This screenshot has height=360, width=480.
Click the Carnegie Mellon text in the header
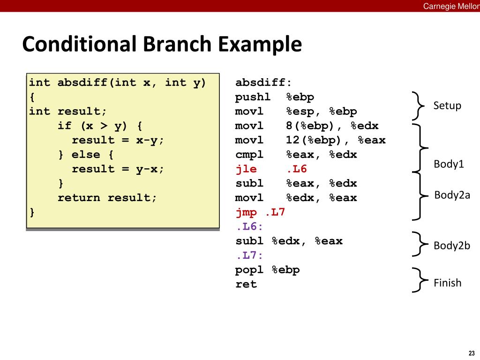click(451, 6)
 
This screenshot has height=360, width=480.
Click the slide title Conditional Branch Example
click(162, 45)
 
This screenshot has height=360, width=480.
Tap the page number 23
click(471, 353)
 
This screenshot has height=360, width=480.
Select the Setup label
click(447, 105)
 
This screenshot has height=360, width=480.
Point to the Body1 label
click(449, 164)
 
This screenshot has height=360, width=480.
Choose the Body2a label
click(452, 195)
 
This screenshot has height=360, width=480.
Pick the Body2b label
click(451, 246)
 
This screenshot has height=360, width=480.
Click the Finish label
click(447, 283)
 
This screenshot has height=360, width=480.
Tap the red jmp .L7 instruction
click(260, 212)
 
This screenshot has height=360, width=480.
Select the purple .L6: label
click(249, 227)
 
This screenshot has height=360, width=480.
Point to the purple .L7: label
click(249, 255)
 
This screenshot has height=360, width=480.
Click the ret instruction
click(246, 285)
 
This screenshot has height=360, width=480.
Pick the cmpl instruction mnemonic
click(249, 155)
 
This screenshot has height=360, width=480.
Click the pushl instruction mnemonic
click(253, 97)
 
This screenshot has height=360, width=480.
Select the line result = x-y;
click(118, 140)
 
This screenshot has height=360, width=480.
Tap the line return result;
click(107, 198)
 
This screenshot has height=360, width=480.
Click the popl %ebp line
click(267, 270)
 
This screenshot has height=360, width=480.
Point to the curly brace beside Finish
click(419, 280)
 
